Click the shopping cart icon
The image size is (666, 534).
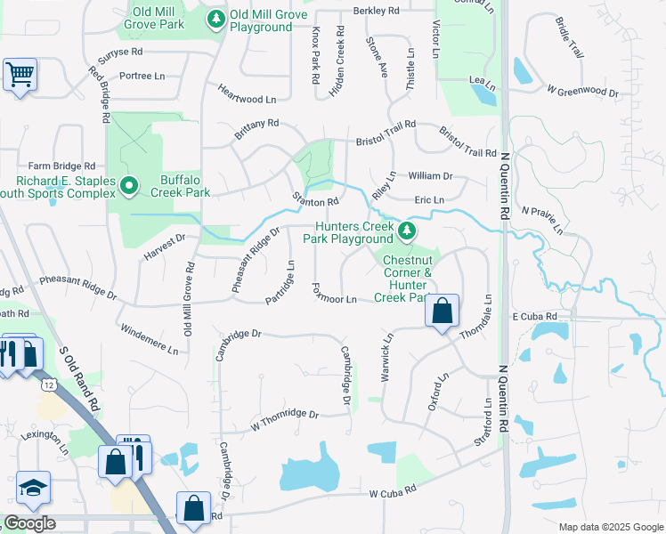(x=20, y=74)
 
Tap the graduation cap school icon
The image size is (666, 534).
(x=33, y=487)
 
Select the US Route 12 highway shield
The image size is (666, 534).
(x=48, y=383)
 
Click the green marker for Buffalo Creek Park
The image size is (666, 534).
(x=129, y=186)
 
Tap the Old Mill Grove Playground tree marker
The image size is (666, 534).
(x=215, y=18)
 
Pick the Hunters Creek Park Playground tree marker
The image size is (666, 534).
(x=407, y=231)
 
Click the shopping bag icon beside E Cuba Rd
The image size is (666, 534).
(x=442, y=311)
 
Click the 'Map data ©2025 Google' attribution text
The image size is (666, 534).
(x=611, y=527)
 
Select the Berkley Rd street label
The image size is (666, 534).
(x=377, y=11)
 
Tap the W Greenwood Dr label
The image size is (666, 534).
(x=583, y=91)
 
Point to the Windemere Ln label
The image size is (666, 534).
(x=148, y=338)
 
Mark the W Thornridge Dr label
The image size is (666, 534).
(x=284, y=417)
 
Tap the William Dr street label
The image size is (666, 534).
(x=430, y=176)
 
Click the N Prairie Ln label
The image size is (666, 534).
(x=543, y=219)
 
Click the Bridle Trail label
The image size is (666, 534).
(x=570, y=39)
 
